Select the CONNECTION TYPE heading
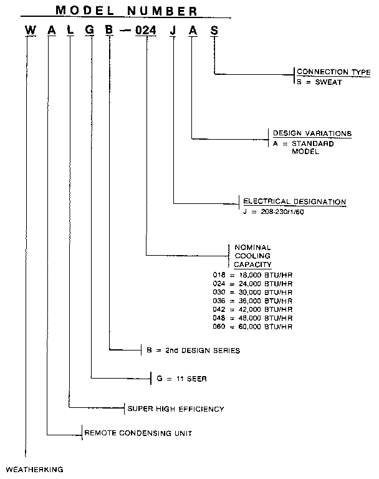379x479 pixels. (x=333, y=72)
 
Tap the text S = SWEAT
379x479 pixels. (x=319, y=82)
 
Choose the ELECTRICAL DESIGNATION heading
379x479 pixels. (x=294, y=202)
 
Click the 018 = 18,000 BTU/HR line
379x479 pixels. (x=252, y=275)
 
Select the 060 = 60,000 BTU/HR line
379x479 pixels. (x=252, y=327)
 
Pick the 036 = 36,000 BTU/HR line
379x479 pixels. (x=252, y=301)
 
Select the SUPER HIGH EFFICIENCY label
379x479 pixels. (x=176, y=409)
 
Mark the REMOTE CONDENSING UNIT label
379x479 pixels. (x=137, y=432)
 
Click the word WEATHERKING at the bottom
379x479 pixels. (x=34, y=468)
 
